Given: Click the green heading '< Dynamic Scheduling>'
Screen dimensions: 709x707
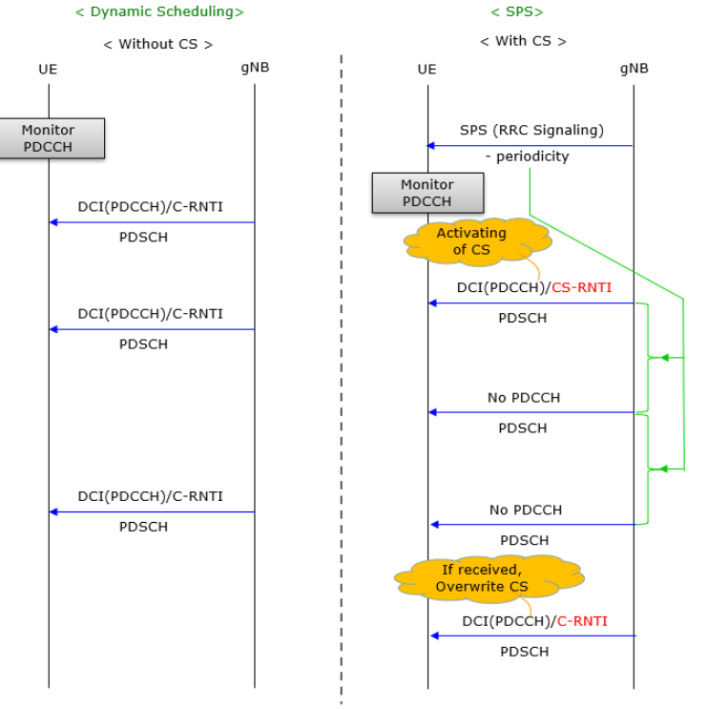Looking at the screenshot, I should coord(159,11).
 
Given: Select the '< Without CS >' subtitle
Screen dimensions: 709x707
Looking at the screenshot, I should coord(157,44).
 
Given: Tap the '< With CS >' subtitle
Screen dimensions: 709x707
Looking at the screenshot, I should coord(523,41).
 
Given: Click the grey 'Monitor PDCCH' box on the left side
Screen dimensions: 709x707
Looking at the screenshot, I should coord(49,138).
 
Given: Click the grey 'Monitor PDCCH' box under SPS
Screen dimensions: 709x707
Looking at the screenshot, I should coord(427,193).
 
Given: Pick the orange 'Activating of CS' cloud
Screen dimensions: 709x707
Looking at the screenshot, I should coord(472,241).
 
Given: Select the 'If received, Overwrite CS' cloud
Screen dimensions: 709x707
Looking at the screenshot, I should coord(488,577).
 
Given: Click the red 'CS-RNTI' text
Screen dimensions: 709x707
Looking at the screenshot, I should coord(580,286).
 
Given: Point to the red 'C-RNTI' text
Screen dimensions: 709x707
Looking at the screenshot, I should coord(582,621).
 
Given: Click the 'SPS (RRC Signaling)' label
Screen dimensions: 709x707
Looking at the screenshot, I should coord(531,130).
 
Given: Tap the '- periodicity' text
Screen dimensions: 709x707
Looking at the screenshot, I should coord(527,156).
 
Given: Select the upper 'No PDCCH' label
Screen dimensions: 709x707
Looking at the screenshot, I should coord(524,397).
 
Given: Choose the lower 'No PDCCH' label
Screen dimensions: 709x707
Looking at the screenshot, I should coord(526,510).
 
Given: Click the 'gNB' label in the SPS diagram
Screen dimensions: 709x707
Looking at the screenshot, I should coord(634,68).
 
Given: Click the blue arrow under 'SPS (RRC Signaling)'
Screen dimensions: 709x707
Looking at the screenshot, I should coord(530,146).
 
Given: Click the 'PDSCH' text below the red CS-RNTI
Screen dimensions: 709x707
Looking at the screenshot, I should coord(523,318).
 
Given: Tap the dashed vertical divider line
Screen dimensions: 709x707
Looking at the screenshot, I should coord(342,382).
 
